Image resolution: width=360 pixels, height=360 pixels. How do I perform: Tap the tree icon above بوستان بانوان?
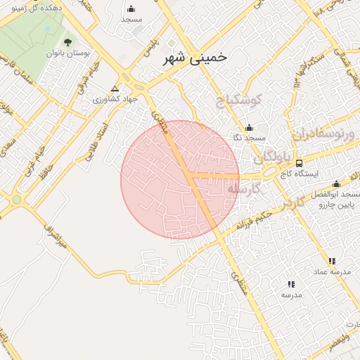(x=67, y=43)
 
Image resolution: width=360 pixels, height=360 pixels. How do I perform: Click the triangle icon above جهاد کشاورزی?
(x=115, y=89)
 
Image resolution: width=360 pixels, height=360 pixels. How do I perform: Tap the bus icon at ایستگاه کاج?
(x=300, y=163)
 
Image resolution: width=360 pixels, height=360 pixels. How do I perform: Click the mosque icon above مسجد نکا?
(x=248, y=128)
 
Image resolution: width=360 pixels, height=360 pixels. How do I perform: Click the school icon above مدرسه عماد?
(x=331, y=261)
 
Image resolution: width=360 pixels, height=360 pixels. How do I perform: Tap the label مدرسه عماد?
(x=331, y=271)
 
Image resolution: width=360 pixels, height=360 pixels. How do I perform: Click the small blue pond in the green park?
(x=47, y=28)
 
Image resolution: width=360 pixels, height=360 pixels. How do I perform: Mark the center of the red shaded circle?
(x=180, y=179)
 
